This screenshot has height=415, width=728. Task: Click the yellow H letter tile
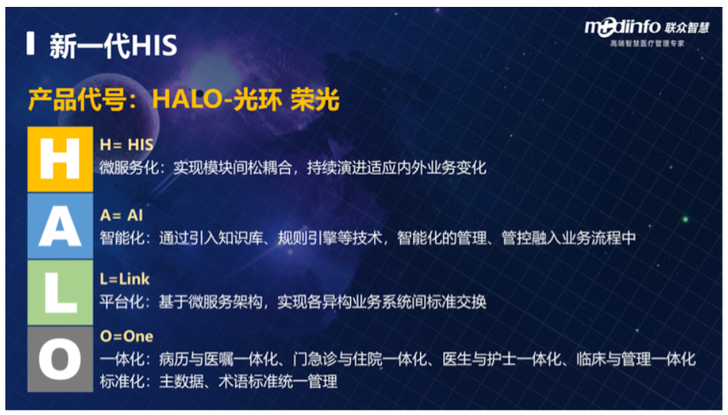[61, 159]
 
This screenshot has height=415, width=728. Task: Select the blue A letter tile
[61, 226]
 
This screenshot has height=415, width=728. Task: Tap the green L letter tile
[61, 292]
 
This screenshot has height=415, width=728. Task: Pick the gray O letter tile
[61, 359]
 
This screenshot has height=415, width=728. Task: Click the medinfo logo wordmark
[622, 28]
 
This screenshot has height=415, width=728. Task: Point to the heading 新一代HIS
[113, 45]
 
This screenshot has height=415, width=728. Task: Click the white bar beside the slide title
[31, 43]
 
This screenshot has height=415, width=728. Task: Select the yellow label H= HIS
[126, 144]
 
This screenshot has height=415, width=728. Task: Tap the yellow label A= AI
[122, 215]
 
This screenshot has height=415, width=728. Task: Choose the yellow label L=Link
[125, 278]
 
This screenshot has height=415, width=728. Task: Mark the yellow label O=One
[126, 336]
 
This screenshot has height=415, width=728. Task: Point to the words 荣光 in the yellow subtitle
[315, 99]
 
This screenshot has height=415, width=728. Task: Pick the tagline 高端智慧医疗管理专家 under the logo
[648, 43]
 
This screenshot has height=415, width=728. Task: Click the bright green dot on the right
[685, 219]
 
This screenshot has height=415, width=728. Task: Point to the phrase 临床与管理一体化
[636, 359]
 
